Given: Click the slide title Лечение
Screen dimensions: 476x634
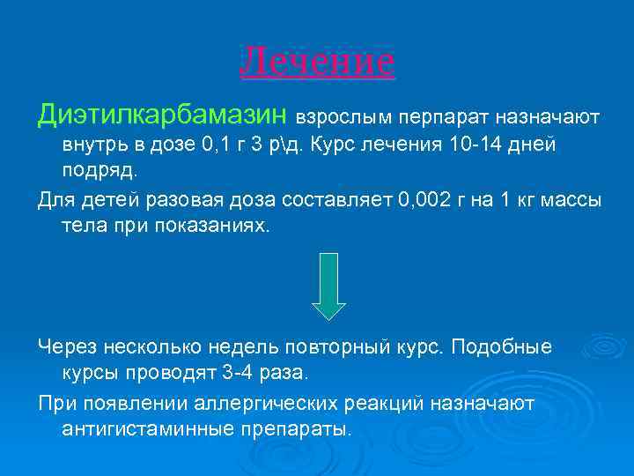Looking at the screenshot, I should (317, 63).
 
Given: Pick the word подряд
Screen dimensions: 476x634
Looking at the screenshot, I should (100, 170).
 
